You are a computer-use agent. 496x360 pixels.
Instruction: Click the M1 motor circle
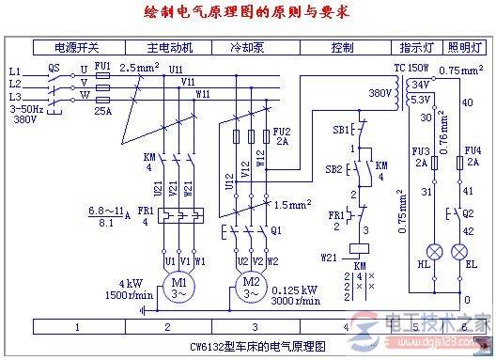click(x=178, y=284)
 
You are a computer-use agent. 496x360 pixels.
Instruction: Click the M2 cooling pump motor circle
click(x=250, y=284)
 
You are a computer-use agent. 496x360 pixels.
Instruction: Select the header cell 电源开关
click(x=76, y=46)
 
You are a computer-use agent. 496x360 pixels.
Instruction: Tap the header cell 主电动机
click(x=169, y=46)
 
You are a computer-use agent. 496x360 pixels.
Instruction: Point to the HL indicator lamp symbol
click(x=435, y=253)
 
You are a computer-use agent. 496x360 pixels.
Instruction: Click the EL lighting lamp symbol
click(x=459, y=253)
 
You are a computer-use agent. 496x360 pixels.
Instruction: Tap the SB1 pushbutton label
click(x=342, y=128)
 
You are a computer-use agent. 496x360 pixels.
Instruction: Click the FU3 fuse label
click(x=420, y=150)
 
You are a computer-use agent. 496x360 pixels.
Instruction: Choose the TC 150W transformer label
click(x=411, y=69)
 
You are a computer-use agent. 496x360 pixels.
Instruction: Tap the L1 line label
click(x=14, y=70)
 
